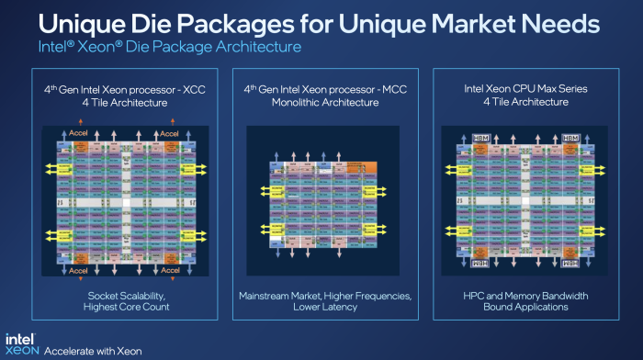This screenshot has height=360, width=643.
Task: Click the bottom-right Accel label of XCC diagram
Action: coord(170,271)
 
